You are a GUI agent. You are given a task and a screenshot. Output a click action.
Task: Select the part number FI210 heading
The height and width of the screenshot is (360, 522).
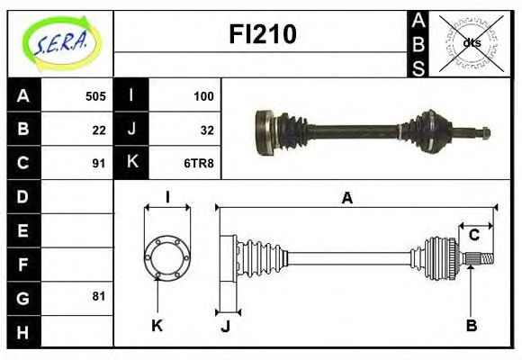[x=263, y=35]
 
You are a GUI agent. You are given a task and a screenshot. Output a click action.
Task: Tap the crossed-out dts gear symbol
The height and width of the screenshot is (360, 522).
[x=471, y=41]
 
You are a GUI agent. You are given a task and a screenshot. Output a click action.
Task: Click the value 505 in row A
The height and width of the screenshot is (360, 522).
[x=94, y=95]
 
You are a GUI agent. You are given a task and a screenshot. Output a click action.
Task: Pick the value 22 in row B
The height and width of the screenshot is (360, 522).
[x=99, y=129]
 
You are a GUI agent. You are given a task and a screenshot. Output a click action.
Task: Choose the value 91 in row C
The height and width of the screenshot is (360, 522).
[x=99, y=163]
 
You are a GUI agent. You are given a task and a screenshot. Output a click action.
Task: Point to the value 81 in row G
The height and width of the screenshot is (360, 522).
[x=99, y=296]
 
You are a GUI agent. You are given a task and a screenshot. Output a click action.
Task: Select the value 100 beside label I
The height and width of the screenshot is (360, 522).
[x=203, y=95]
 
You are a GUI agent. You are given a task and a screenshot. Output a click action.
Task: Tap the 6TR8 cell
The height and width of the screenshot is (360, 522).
[x=200, y=163]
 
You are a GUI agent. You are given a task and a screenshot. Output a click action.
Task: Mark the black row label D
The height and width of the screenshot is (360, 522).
[x=23, y=196]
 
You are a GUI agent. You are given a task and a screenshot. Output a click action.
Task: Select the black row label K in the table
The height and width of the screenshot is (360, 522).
[x=132, y=163]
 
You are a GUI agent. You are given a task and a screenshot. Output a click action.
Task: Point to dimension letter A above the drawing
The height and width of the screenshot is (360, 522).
[x=346, y=199]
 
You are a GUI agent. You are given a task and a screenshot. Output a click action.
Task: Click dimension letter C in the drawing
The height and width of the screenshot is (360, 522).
[x=473, y=236]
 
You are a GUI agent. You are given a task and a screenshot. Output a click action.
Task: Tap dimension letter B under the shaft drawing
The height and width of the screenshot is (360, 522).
[x=471, y=325]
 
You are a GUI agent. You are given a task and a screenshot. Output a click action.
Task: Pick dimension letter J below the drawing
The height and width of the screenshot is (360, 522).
[x=225, y=326]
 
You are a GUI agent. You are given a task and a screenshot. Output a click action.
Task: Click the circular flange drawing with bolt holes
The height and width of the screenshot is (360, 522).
[x=167, y=257]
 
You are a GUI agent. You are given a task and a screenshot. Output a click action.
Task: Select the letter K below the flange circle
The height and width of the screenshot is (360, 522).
[x=157, y=325]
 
